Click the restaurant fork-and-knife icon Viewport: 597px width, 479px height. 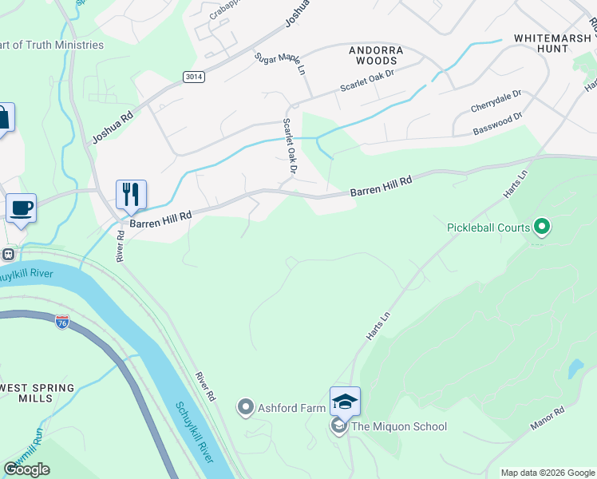[131, 194]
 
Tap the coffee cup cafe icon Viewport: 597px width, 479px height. [22, 208]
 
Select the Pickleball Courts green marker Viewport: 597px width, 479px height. [542, 228]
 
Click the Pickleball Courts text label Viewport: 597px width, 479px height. [488, 228]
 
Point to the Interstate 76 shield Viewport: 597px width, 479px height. [62, 322]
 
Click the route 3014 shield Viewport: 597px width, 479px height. [192, 77]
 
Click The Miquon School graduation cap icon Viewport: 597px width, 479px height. [345, 401]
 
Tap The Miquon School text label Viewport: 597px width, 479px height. [399, 426]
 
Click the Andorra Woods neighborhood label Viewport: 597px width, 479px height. [376, 55]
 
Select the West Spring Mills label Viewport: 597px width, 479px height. [38, 394]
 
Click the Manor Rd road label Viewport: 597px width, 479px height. [548, 420]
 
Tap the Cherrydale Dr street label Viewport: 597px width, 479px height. [496, 101]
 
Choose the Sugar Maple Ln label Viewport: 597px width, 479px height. [280, 65]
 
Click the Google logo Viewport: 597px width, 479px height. [27, 469]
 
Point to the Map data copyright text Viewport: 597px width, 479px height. [548, 473]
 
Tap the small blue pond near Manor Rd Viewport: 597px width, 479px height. [575, 369]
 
